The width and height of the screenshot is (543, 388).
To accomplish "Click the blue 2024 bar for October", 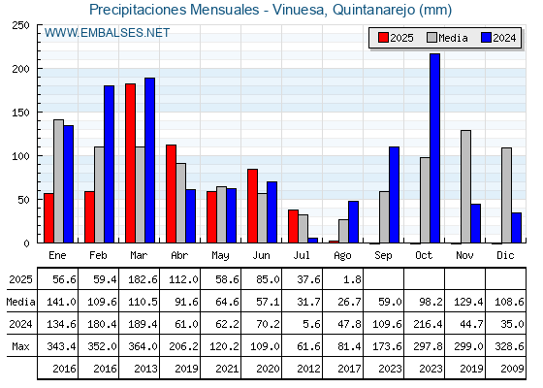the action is click(x=434, y=148).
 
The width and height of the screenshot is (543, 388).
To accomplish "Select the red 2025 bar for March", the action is click(x=130, y=163).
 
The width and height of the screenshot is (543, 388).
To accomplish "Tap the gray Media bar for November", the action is click(x=465, y=186).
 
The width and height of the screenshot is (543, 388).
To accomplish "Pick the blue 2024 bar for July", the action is click(x=312, y=241).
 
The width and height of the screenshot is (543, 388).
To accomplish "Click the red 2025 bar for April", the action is click(x=171, y=194).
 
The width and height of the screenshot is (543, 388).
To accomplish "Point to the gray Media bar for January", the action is click(x=58, y=181).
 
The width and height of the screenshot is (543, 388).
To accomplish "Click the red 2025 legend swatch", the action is click(x=383, y=38).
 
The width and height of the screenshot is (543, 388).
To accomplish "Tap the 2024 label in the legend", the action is click(x=504, y=38).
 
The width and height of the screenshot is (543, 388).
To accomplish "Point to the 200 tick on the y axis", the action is click(x=21, y=69).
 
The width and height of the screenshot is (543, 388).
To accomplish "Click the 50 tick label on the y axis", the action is click(x=24, y=200).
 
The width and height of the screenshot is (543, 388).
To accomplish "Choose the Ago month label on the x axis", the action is click(x=342, y=256).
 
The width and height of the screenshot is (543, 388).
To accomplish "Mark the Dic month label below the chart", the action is click(x=505, y=255).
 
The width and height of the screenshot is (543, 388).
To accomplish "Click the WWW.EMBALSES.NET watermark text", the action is click(x=107, y=33).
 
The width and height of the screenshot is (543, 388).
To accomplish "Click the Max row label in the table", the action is click(x=20, y=346).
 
